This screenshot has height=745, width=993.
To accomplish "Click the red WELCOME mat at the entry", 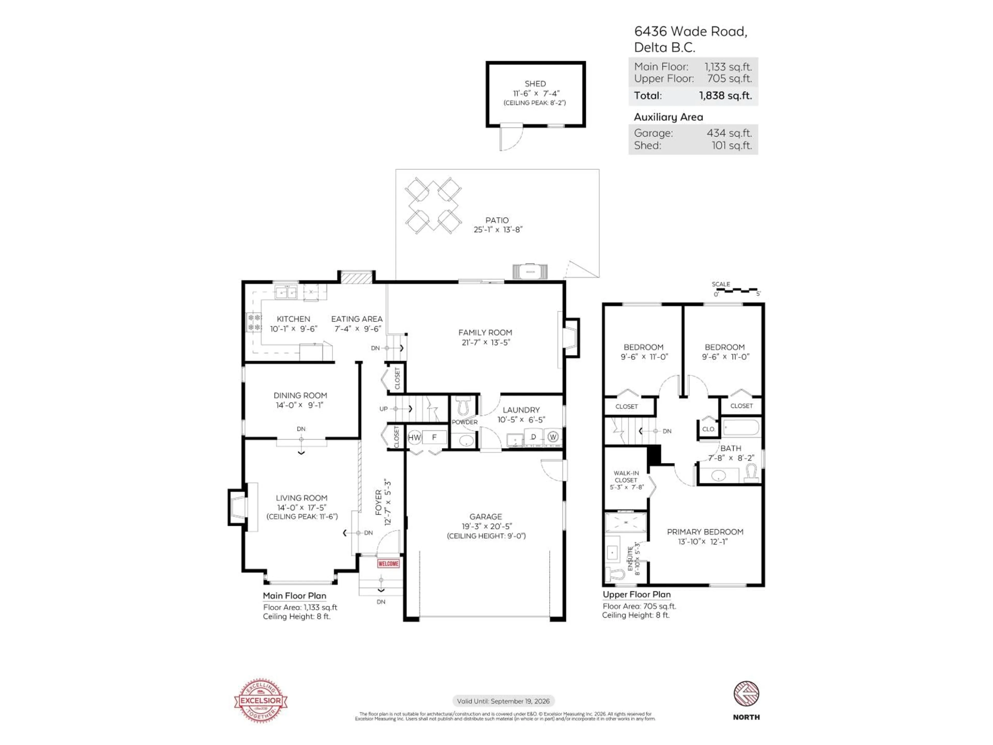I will point(388,564).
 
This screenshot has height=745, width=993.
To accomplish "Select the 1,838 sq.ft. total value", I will point(725,96).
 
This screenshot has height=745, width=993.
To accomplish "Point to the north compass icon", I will point(746,694).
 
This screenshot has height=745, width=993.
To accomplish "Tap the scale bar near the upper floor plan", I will point(736,290).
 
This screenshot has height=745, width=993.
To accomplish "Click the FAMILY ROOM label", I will point(485,333).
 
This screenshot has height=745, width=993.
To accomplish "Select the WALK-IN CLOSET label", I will point(626,476).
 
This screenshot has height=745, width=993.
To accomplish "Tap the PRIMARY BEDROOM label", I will point(705,532).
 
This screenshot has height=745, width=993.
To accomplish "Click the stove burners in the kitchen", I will point(254,322).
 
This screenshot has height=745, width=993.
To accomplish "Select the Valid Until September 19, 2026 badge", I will point(503,701).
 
